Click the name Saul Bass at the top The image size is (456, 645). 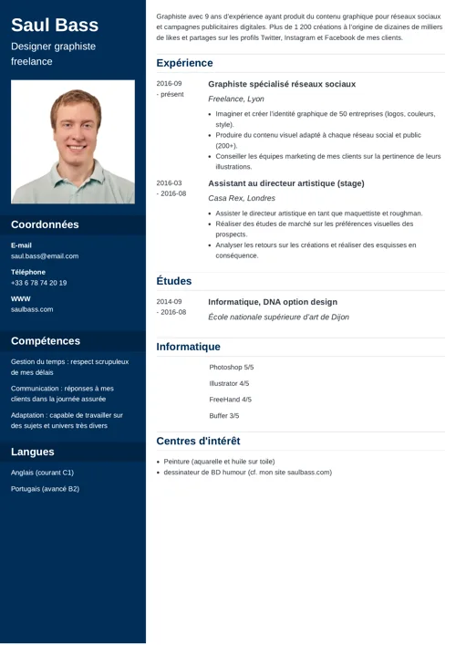55,25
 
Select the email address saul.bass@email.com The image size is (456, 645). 45,256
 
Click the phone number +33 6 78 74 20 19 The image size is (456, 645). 38,283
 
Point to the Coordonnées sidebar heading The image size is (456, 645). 45,224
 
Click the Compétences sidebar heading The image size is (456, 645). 46,341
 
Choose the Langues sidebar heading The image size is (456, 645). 32,452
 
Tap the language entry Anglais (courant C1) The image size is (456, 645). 42,473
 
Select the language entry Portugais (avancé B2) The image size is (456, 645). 45,489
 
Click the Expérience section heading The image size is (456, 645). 184,63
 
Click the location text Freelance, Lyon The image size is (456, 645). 236,99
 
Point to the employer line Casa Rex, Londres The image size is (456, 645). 242,198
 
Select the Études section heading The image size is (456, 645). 173,281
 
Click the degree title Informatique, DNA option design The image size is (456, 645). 273,302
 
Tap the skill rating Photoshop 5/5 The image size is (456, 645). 231,367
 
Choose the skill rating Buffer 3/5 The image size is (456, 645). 223,416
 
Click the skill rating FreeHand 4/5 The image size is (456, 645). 230,400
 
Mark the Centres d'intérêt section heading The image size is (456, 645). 198,442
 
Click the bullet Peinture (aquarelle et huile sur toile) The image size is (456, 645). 219,462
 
